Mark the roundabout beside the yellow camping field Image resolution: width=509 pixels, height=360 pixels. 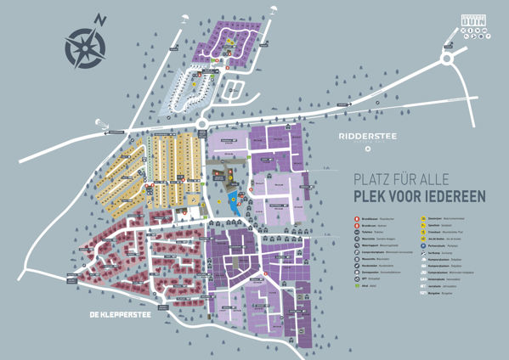[x=202, y=126]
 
